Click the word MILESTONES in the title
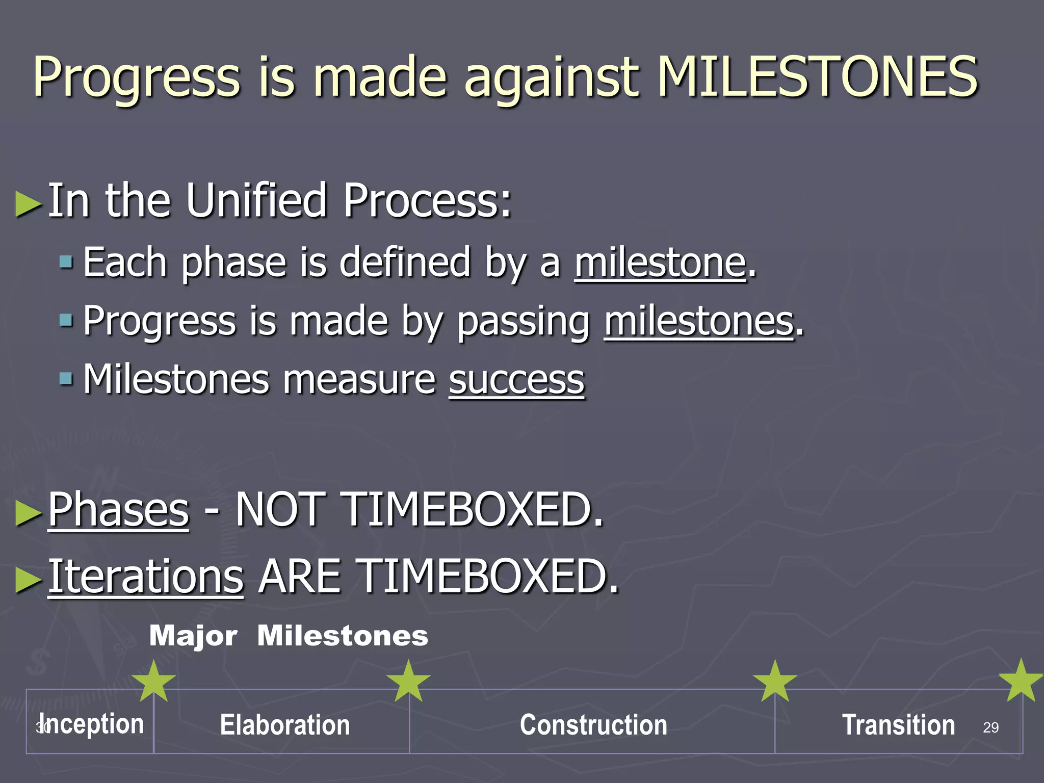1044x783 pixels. pyautogui.click(x=818, y=77)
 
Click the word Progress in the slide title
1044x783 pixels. pyautogui.click(x=137, y=77)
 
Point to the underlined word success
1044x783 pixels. pyautogui.click(x=516, y=380)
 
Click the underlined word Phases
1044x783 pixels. pyautogui.click(x=118, y=510)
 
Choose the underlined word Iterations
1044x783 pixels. pyautogui.click(x=146, y=577)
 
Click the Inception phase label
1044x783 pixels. pyautogui.click(x=92, y=724)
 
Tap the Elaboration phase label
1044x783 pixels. pyautogui.click(x=285, y=725)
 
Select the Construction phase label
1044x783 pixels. pyautogui.click(x=593, y=725)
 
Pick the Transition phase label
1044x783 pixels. pyautogui.click(x=898, y=725)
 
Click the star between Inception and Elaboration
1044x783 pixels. pyautogui.click(x=153, y=682)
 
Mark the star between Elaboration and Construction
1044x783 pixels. pyautogui.click(x=408, y=682)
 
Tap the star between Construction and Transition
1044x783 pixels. pyautogui.click(x=775, y=682)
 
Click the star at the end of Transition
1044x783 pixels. pyautogui.click(x=1021, y=681)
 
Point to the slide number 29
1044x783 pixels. pyautogui.click(x=990, y=727)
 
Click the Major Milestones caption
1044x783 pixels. pyautogui.click(x=289, y=636)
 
